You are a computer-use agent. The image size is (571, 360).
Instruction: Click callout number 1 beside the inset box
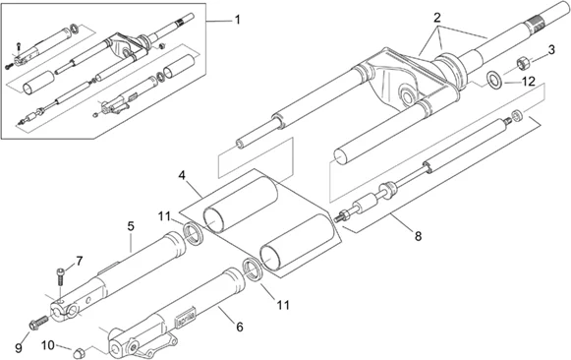tap(238, 20)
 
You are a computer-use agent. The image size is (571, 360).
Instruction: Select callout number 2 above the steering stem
tap(437, 17)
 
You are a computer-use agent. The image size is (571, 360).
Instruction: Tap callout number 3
tap(551, 50)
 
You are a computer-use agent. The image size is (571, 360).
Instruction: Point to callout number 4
tap(182, 175)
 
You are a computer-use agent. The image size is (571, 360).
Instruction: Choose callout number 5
tap(131, 226)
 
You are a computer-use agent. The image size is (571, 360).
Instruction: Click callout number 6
tap(239, 327)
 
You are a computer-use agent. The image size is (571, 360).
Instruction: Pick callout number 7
tap(80, 261)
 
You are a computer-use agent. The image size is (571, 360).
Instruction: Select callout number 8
tap(418, 236)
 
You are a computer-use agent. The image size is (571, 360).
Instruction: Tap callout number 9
tap(19, 348)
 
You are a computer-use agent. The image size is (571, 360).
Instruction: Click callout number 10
tap(48, 344)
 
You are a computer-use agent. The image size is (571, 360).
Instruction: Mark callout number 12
tap(529, 82)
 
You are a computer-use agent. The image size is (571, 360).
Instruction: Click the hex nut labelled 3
tap(523, 63)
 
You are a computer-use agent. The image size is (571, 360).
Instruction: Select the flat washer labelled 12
tap(494, 80)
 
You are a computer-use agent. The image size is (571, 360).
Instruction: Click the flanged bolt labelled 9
tap(38, 322)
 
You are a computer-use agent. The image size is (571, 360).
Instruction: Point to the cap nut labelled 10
tap(78, 353)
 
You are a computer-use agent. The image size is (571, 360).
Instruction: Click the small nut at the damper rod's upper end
tap(516, 115)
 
